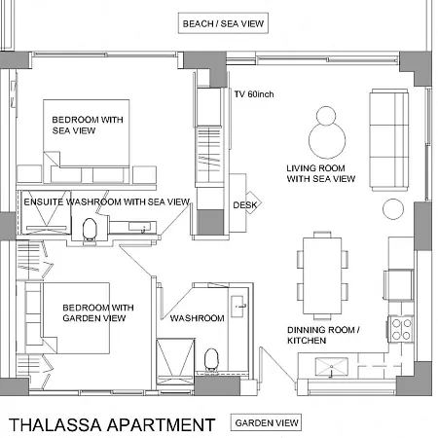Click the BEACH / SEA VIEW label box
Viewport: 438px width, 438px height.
(223, 23)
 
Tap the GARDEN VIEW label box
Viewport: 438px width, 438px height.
(266, 422)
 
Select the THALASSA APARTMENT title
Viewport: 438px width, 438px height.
(112, 424)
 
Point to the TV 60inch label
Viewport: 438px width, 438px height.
(254, 94)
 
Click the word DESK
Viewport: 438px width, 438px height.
(245, 205)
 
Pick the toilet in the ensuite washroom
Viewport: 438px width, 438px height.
(90, 229)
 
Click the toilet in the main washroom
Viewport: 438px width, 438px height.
(211, 359)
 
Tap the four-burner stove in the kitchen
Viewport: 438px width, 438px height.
(401, 329)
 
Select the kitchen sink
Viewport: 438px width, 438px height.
(331, 367)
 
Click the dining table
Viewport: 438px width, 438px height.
(322, 275)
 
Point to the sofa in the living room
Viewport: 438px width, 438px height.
(389, 140)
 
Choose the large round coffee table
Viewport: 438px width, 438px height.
(327, 140)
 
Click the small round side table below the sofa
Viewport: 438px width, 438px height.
(393, 209)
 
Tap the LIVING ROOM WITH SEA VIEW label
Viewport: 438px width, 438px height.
(321, 173)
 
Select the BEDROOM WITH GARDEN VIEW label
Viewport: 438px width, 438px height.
(98, 312)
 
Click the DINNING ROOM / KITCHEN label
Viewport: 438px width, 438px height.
(323, 335)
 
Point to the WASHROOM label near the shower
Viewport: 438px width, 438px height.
(198, 318)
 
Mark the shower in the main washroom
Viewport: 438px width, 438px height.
(175, 362)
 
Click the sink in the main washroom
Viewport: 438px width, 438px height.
(239, 307)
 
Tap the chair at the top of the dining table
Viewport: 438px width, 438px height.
(322, 235)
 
